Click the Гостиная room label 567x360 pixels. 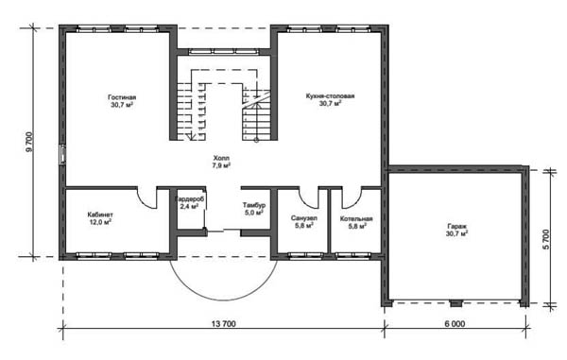pyautogui.click(x=122, y=97)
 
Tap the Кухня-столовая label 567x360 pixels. pyautogui.click(x=330, y=96)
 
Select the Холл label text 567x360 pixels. pyautogui.click(x=221, y=159)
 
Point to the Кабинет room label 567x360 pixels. pyautogui.click(x=100, y=214)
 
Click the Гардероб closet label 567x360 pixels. pyautogui.click(x=190, y=199)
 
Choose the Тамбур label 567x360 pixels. pyautogui.click(x=254, y=205)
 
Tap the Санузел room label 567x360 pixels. pyautogui.click(x=304, y=218)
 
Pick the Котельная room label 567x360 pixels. pyautogui.click(x=356, y=219)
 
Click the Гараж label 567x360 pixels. pyautogui.click(x=456, y=227)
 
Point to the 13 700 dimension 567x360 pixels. pyautogui.click(x=223, y=324)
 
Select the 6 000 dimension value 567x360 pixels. pyautogui.click(x=455, y=324)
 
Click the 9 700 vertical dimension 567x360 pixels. pyautogui.click(x=29, y=142)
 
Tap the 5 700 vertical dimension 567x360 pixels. pyautogui.click(x=546, y=239)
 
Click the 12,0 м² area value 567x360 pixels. pyautogui.click(x=100, y=222)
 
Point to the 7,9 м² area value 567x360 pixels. pyautogui.click(x=221, y=165)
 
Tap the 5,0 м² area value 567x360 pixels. pyautogui.click(x=254, y=213)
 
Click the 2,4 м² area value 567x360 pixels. pyautogui.click(x=189, y=206)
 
